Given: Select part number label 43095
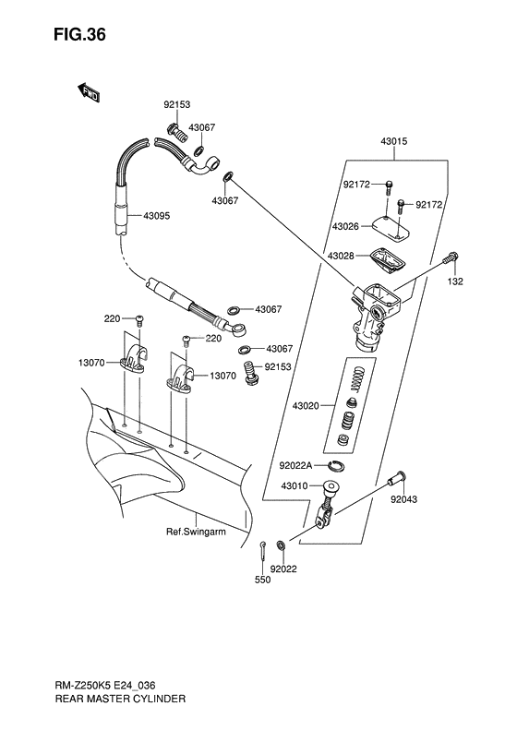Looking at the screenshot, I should pyautogui.click(x=159, y=217).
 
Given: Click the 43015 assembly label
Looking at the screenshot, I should pyautogui.click(x=394, y=142).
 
